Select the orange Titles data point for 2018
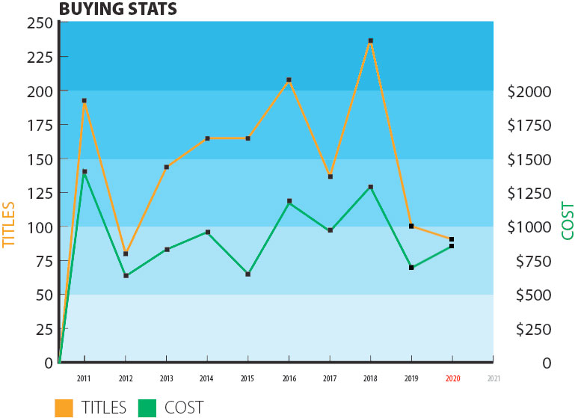click(370, 41)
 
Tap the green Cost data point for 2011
click(84, 172)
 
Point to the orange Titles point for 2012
click(126, 254)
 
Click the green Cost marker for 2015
click(248, 274)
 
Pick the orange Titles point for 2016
click(289, 80)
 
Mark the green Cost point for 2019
click(411, 267)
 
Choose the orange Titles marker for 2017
click(330, 176)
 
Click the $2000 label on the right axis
click(529, 91)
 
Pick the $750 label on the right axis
click(529, 261)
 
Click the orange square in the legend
click(64, 408)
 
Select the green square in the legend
click(147, 408)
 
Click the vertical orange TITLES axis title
click(10, 224)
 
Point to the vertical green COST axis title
click(568, 221)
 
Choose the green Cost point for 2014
click(207, 233)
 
